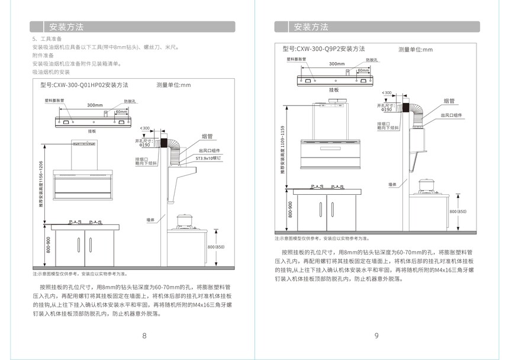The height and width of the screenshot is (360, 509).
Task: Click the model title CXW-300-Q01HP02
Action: coord(84,85)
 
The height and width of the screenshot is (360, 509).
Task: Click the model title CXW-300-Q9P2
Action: coord(324,49)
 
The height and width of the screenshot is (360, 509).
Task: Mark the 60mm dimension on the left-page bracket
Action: coord(121,112)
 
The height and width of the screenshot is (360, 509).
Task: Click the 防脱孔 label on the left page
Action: coord(130,101)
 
